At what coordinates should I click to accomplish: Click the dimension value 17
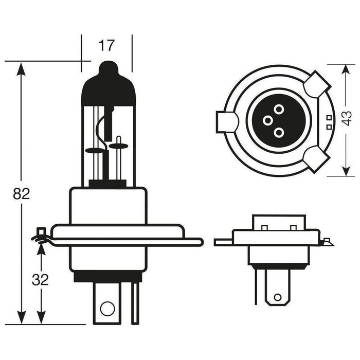click(106, 46)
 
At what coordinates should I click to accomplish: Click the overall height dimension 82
click(21, 194)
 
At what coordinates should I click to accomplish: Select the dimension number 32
click(40, 280)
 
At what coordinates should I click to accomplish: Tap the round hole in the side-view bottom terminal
click(106, 309)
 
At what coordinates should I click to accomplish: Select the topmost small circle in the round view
click(278, 109)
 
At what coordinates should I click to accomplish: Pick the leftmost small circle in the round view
click(267, 120)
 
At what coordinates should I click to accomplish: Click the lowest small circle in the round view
click(278, 132)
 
